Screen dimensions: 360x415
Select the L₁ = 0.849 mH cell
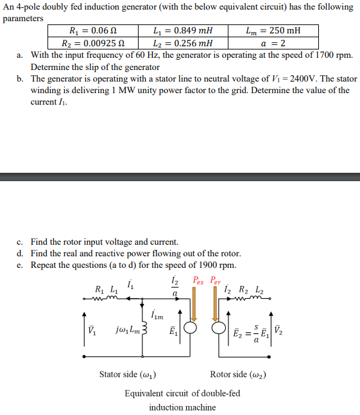coord(183,31)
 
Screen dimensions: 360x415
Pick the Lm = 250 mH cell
coord(273,31)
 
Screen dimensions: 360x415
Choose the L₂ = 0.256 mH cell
coord(183,43)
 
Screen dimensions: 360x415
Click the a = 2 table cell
coord(273,43)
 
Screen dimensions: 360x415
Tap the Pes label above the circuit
coord(200,281)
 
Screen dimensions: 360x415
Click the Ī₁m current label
coord(157,314)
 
